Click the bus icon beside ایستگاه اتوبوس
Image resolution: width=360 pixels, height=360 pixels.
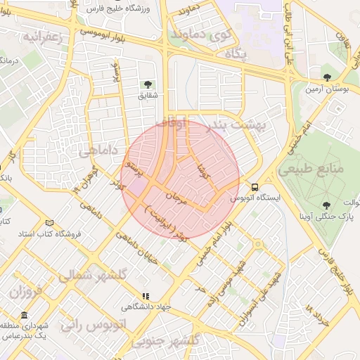[x=255, y=187]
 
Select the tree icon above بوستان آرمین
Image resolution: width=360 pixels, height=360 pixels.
[x=326, y=77]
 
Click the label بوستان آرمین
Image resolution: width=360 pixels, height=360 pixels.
[x=324, y=89]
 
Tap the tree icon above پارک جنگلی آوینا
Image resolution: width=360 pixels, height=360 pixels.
[x=326, y=205]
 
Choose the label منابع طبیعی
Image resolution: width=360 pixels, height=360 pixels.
[x=309, y=169]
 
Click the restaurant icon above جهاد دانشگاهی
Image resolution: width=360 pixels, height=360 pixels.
[x=146, y=297]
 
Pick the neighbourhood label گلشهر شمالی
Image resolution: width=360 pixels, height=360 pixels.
[x=92, y=276]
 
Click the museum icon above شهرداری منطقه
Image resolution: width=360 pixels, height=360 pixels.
[x=25, y=314]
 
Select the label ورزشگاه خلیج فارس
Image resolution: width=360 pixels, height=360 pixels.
[x=112, y=9]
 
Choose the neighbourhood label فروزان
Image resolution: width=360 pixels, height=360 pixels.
[x=27, y=291]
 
